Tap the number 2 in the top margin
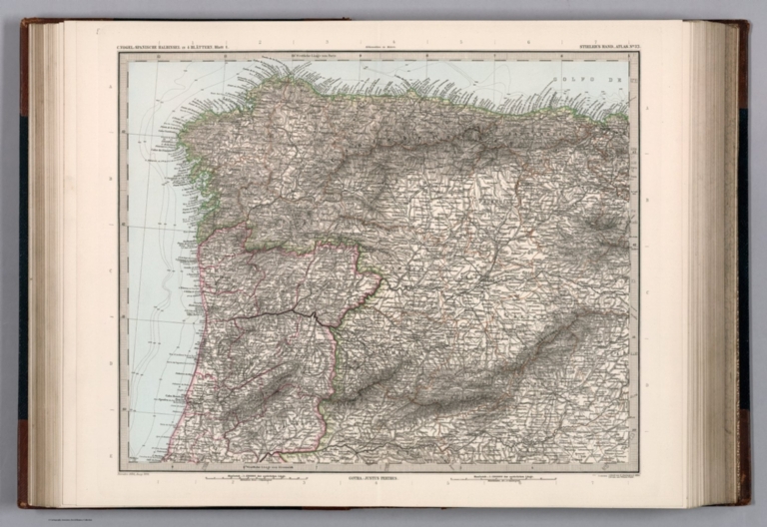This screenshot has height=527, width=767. [x=258, y=44]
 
